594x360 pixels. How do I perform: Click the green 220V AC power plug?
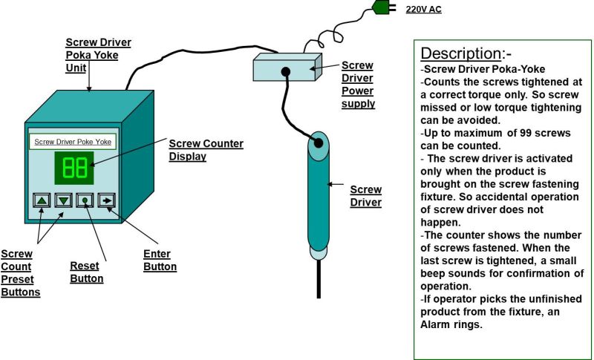(382, 8)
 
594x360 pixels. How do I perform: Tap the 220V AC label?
(423, 10)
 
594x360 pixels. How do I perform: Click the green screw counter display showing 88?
(74, 168)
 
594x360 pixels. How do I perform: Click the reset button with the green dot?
(86, 200)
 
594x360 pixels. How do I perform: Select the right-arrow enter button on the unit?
(108, 200)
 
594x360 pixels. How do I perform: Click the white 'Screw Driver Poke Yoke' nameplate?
(73, 141)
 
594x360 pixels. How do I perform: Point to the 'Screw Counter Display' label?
(206, 150)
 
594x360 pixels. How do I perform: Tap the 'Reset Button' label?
(86, 272)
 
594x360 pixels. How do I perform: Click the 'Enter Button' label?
(160, 261)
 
